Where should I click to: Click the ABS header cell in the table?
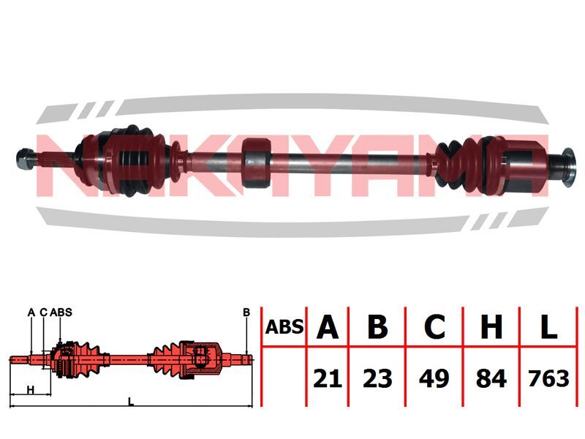[284, 327]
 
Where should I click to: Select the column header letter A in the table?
[327, 327]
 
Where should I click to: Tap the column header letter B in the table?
[377, 327]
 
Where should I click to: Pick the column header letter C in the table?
[434, 327]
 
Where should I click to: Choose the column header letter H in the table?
[491, 327]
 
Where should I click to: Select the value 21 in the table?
[328, 378]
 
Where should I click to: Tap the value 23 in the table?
[377, 378]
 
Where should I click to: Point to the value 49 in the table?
[434, 378]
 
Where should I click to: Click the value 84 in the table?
[491, 378]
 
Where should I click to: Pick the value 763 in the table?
[548, 378]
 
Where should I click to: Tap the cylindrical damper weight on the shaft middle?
[256, 162]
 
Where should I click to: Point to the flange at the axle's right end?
[568, 168]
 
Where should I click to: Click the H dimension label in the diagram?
[31, 390]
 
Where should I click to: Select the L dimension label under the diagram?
[131, 402]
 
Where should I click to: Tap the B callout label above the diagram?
[246, 312]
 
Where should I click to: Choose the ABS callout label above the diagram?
[61, 312]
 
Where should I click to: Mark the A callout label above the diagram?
[31, 312]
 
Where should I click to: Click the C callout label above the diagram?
[44, 312]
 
